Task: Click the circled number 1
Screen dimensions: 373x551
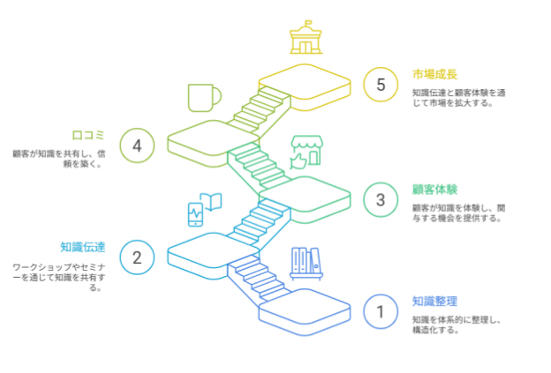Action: pyautogui.click(x=381, y=310)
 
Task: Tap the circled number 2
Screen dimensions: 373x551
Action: pyautogui.click(x=137, y=257)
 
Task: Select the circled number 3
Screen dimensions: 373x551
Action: pyautogui.click(x=381, y=199)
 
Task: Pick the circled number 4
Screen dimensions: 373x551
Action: pyautogui.click(x=137, y=145)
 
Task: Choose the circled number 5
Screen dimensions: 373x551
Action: pyautogui.click(x=381, y=85)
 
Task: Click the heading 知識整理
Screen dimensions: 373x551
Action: pyautogui.click(x=434, y=301)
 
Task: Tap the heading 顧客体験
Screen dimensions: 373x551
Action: pyautogui.click(x=434, y=190)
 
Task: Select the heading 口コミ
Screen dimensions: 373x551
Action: pyautogui.click(x=88, y=135)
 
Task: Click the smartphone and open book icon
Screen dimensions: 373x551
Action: pyautogui.click(x=203, y=208)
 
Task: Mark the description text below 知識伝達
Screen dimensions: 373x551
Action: pyautogui.click(x=58, y=276)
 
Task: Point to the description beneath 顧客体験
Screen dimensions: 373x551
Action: pyautogui.click(x=457, y=213)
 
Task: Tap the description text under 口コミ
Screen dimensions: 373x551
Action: pyautogui.click(x=58, y=157)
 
